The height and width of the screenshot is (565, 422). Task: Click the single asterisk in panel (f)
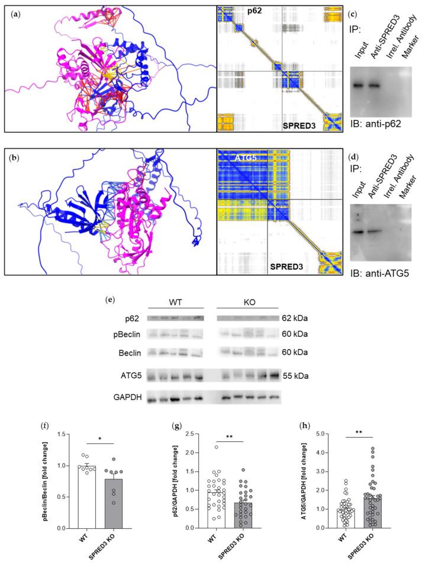(95, 441)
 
